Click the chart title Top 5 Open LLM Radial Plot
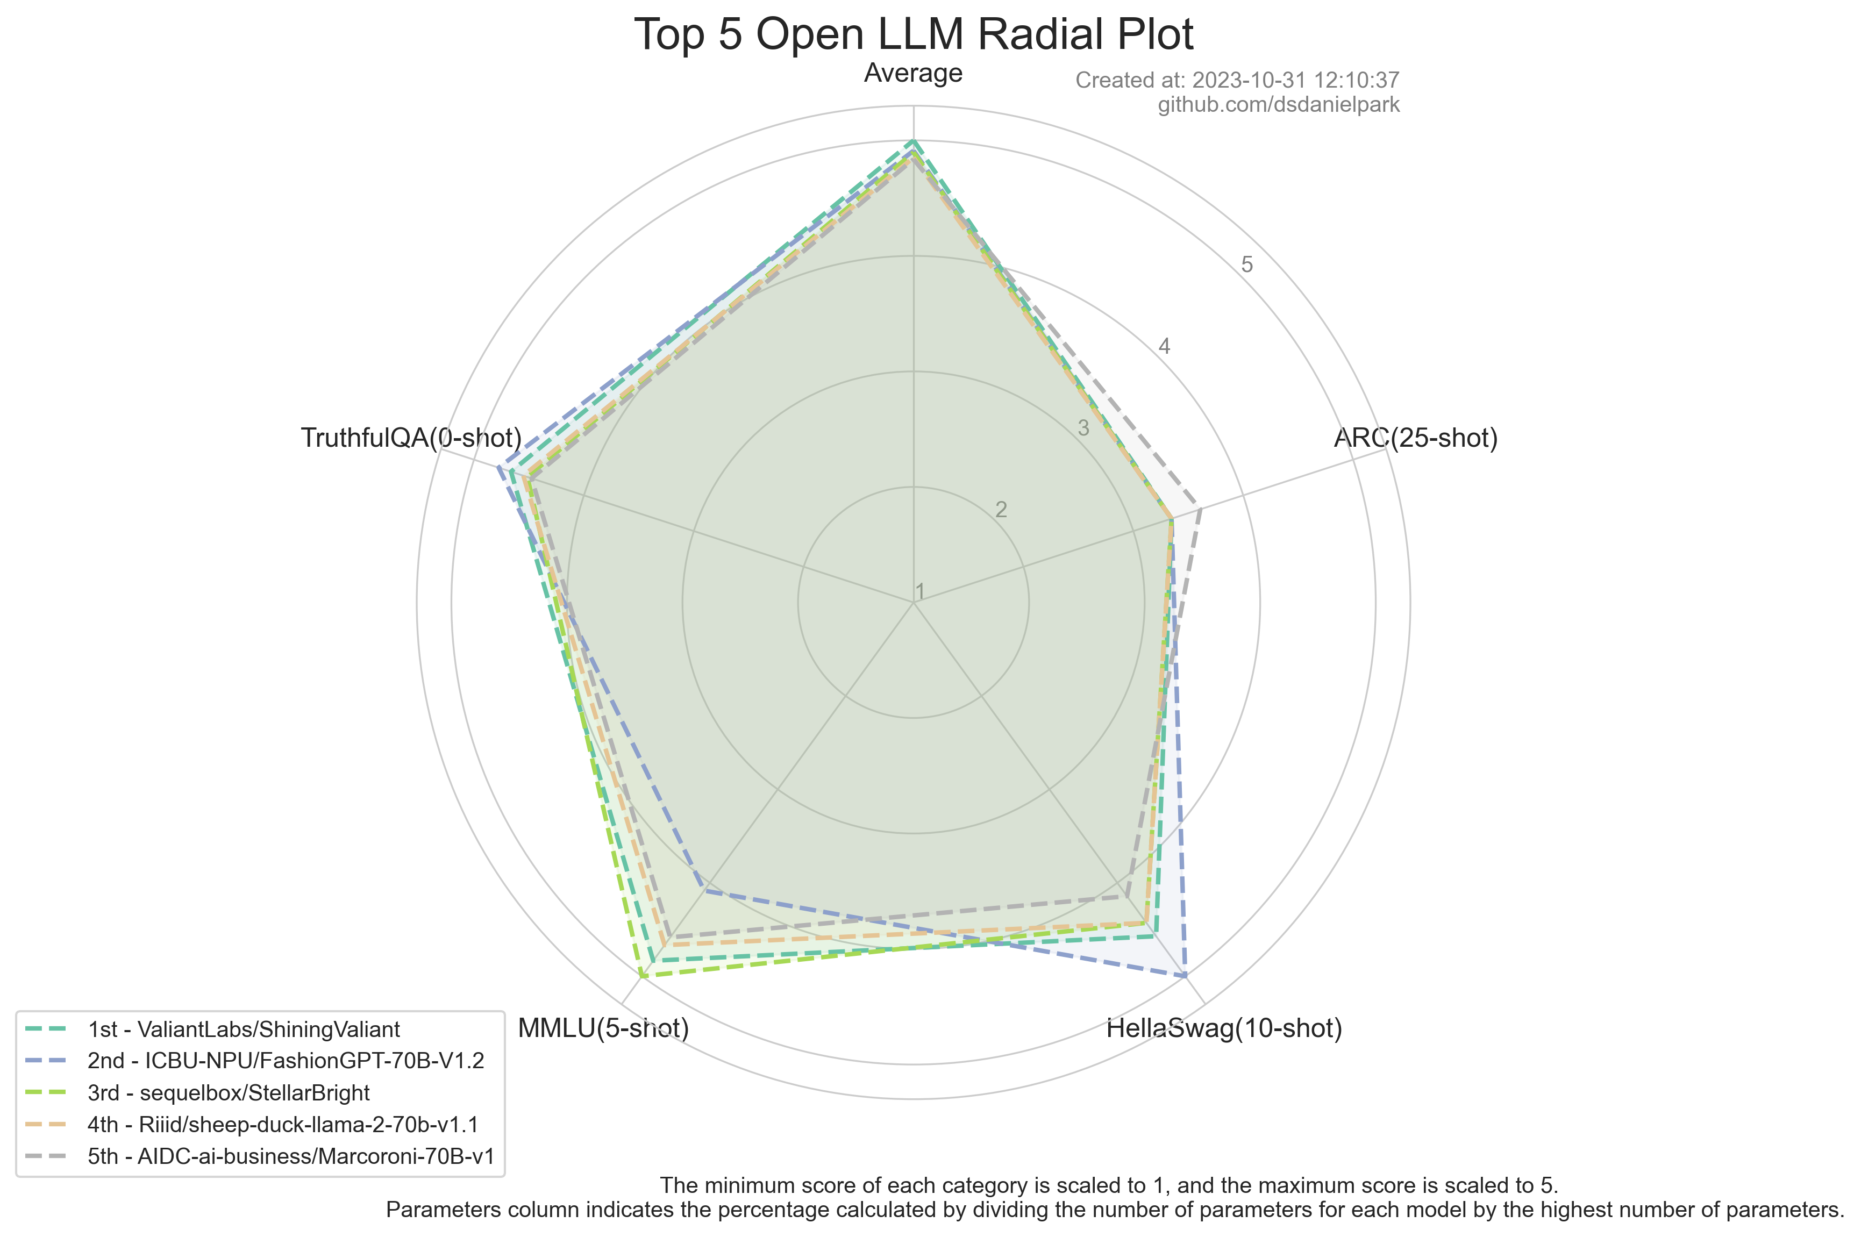click(914, 35)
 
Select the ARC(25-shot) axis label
click(1415, 438)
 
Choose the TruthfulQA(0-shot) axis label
click(411, 438)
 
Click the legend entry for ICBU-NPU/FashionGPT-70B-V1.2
click(286, 1061)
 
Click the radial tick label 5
click(1246, 264)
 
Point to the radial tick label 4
click(1164, 346)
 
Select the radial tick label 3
click(1083, 428)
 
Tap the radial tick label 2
click(1001, 510)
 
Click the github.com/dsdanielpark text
click(1278, 105)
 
